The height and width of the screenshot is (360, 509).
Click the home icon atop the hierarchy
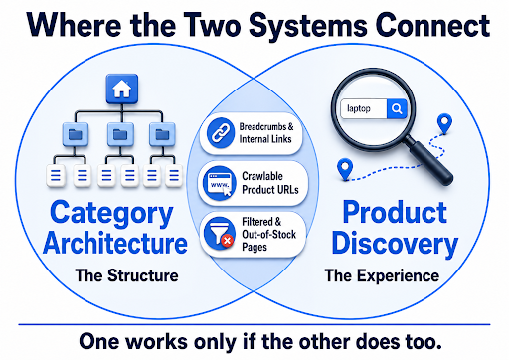tap(122, 89)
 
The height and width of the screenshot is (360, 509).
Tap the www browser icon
tap(220, 183)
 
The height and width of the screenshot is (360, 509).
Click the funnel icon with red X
tap(219, 234)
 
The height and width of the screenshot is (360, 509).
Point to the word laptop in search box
tap(359, 108)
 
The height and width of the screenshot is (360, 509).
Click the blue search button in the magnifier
tap(397, 108)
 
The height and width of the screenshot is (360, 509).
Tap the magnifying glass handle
tap(430, 161)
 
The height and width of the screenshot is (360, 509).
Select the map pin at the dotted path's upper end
tap(444, 123)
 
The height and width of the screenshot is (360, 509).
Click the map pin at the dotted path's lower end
tap(345, 169)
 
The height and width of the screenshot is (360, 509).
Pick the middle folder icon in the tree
tap(120, 134)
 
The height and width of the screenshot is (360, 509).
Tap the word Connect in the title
tap(432, 25)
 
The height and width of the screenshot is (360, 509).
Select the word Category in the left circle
tap(111, 214)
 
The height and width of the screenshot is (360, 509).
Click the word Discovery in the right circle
tap(395, 245)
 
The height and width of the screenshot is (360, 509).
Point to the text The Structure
tap(126, 275)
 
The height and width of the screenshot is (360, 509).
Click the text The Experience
tap(382, 275)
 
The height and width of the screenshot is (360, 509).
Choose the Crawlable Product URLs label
tap(270, 183)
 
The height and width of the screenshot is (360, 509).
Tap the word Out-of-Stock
tap(268, 234)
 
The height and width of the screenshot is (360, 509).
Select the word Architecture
tap(115, 243)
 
